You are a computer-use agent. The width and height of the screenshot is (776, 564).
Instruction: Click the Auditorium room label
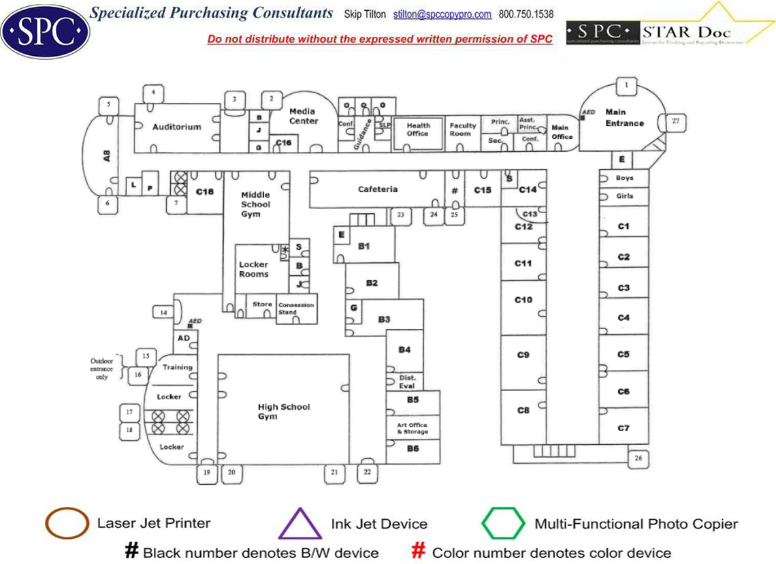(x=176, y=127)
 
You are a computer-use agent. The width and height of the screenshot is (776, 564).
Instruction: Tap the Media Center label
(x=303, y=116)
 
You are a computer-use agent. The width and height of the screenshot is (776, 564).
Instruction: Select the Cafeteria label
(x=378, y=189)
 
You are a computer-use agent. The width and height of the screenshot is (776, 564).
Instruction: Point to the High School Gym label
(x=283, y=411)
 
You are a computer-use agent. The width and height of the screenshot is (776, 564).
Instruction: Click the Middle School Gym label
(x=255, y=204)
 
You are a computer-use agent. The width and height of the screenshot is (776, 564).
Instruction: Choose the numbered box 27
(x=675, y=121)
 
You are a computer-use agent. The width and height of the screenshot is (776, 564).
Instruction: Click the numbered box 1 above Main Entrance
(x=626, y=86)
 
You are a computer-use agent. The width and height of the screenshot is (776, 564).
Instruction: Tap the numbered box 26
(x=638, y=458)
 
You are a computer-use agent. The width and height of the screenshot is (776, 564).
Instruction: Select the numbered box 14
(x=163, y=313)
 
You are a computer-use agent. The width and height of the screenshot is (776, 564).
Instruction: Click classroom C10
(x=523, y=300)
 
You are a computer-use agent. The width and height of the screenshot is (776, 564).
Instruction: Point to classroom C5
(x=624, y=354)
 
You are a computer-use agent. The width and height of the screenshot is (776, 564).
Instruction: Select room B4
(x=405, y=350)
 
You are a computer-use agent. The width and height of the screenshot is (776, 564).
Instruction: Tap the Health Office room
(x=418, y=129)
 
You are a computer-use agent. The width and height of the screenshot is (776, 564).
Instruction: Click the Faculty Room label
(x=463, y=129)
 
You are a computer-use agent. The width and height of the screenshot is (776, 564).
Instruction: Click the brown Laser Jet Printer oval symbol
(x=67, y=523)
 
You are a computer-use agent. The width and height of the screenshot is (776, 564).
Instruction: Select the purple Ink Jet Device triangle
(x=300, y=524)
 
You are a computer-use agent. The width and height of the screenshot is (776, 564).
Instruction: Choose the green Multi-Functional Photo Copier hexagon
(x=503, y=524)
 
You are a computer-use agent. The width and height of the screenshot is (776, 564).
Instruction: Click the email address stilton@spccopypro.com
(x=451, y=14)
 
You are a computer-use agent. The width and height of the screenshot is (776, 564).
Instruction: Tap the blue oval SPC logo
(x=45, y=31)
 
